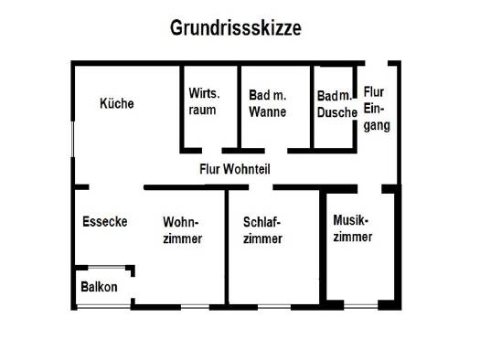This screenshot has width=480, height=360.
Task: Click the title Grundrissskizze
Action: coord(236,28)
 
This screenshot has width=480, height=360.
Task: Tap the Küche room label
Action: coord(117,103)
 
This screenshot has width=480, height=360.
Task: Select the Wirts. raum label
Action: coord(204,101)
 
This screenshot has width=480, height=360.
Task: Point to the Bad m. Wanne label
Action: coord(268,103)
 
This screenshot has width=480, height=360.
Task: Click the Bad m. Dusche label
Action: coord(337,104)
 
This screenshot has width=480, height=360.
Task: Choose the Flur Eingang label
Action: coord(377,110)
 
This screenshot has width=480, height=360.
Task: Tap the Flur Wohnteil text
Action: coord(235,169)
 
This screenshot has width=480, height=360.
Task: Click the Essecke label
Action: coord(105,221)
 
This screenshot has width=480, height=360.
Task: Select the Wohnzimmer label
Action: coord(183,230)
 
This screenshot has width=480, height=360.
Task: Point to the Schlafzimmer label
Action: coord(262,230)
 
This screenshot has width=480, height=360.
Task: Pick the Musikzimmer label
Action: coord(353,228)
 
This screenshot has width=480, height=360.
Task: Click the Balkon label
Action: coord(99,287)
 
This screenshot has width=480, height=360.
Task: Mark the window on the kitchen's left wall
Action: coord(72,139)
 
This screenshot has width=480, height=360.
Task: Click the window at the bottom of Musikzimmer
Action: coord(361,306)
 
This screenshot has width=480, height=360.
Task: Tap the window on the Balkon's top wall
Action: coord(107,268)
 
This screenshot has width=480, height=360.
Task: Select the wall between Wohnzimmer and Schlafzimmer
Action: coord(227,247)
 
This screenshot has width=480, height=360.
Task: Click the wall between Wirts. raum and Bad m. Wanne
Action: coord(239,107)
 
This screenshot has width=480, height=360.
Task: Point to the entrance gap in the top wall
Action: coord(377,63)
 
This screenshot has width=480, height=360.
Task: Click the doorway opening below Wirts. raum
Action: coord(212,151)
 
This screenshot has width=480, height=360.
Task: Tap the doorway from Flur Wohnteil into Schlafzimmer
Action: coord(261,187)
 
